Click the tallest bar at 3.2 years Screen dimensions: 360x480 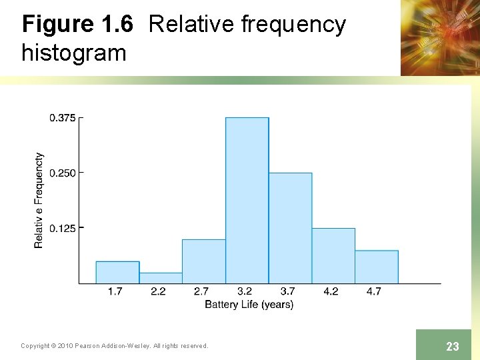(247, 200)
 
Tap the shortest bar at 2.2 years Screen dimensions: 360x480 (161, 278)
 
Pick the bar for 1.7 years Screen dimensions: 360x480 (117, 272)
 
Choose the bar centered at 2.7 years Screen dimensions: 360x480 (204, 261)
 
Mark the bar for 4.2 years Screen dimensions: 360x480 (333, 255)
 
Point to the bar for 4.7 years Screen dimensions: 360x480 (376, 267)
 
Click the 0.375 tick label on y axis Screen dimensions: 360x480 (62, 118)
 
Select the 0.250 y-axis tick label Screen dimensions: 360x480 (62, 173)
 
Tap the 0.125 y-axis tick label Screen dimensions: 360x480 (62, 229)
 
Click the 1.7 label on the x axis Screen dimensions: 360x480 (115, 292)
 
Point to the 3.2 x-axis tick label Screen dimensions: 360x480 (245, 292)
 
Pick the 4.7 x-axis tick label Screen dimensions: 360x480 (374, 292)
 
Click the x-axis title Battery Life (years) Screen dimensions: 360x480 (249, 305)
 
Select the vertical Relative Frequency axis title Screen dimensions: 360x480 (39, 200)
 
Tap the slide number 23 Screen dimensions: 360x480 (453, 346)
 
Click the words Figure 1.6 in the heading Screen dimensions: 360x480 (77, 25)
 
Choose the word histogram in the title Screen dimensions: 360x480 (74, 52)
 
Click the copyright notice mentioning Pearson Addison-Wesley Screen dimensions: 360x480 (114, 346)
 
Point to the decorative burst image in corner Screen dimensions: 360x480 (440, 37)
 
